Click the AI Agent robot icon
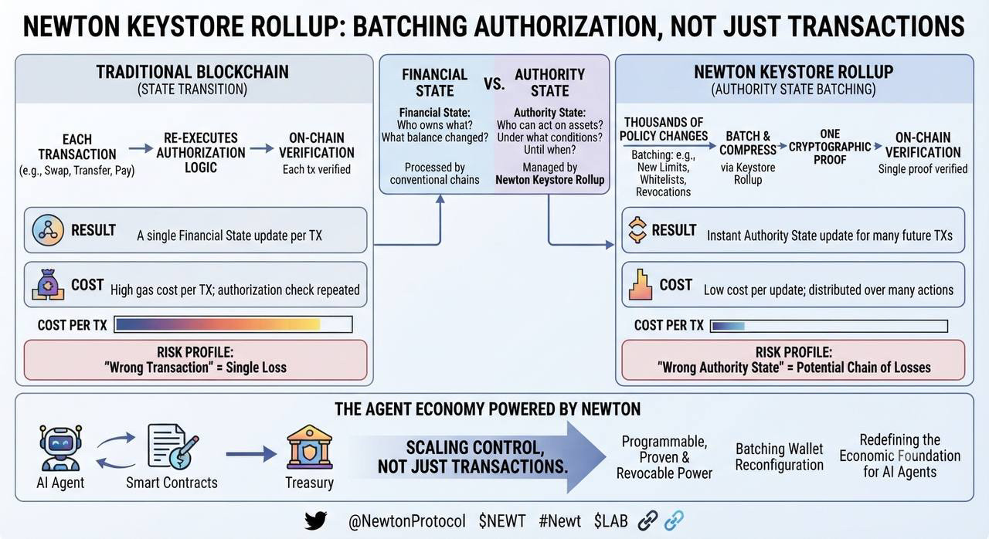(x=60, y=448)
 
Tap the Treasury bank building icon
(x=309, y=446)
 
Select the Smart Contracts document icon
(x=172, y=446)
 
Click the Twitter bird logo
(x=316, y=520)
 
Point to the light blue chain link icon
(x=675, y=520)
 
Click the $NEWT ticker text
(x=502, y=521)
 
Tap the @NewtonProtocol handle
(x=406, y=521)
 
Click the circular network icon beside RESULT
(x=48, y=230)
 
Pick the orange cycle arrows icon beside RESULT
(x=637, y=230)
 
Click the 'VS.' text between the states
(x=494, y=83)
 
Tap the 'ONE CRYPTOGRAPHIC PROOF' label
(x=830, y=147)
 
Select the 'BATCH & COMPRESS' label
(x=747, y=143)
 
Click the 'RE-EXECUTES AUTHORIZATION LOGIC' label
(x=201, y=153)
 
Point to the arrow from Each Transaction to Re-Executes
(x=141, y=148)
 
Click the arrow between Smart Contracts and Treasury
(x=251, y=454)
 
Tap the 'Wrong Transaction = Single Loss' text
(x=195, y=368)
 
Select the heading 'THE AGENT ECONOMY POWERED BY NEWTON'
(x=488, y=409)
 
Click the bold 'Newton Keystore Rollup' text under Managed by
(x=549, y=180)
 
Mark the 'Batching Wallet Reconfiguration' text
(x=780, y=457)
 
